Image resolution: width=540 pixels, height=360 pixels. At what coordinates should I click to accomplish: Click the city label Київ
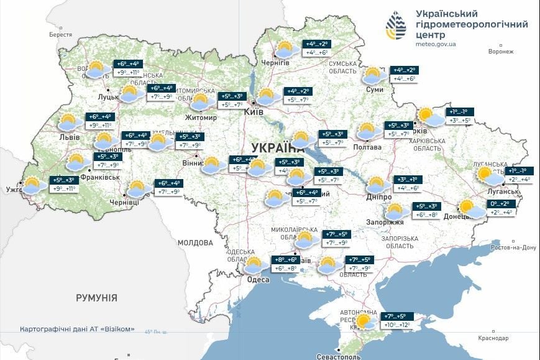coord(255,112)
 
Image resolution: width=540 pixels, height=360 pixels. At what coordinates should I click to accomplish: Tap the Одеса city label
coord(259,280)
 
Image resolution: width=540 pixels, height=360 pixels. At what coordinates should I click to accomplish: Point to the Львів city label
coord(69,137)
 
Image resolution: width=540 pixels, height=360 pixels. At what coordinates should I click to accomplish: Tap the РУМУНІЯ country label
coord(96,298)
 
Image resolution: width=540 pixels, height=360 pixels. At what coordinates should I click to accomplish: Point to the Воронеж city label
coord(501,52)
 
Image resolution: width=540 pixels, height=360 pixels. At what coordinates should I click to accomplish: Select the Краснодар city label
coord(494,338)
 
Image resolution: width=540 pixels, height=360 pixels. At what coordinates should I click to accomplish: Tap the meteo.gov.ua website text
coord(436,44)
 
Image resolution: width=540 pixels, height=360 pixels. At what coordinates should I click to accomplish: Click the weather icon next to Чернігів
coord(285,49)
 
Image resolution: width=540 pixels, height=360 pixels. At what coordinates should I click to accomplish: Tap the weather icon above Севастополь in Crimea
coord(365,321)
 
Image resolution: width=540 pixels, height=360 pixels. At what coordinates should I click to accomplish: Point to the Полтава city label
coord(367,147)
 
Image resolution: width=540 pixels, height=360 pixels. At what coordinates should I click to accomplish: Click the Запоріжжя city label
coord(390,222)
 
